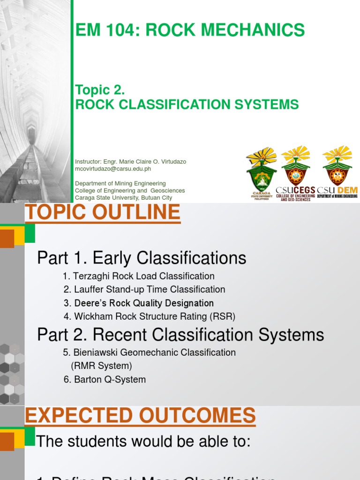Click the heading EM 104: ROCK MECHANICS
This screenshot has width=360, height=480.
pyautogui.click(x=190, y=30)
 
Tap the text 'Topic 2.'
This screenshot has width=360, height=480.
pyautogui.click(x=100, y=90)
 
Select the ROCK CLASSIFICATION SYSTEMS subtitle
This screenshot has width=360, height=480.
pyautogui.click(x=187, y=104)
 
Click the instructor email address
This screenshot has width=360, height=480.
pyautogui.click(x=113, y=169)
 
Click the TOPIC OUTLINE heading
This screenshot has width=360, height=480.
pyautogui.click(x=103, y=213)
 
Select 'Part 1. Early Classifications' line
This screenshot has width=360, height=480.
pyautogui.click(x=142, y=258)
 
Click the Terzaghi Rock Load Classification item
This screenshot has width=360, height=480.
pyautogui.click(x=138, y=276)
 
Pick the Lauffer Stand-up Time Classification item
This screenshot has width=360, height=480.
pyautogui.click(x=144, y=289)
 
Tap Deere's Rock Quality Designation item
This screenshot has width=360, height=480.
pyautogui.click(x=139, y=303)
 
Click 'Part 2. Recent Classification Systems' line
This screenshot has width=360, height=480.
pyautogui.click(x=180, y=335)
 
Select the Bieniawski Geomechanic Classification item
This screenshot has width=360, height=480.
pyautogui.click(x=149, y=352)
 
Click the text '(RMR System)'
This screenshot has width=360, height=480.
pyautogui.click(x=101, y=366)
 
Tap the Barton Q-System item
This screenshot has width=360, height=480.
pyautogui.click(x=105, y=379)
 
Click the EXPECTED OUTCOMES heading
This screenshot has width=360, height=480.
pyautogui.click(x=140, y=416)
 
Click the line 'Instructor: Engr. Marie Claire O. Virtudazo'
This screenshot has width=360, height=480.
pyautogui.click(x=130, y=161)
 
